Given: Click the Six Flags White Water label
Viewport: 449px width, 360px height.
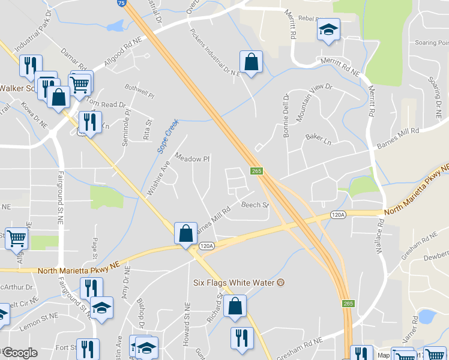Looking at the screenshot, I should [x=234, y=283].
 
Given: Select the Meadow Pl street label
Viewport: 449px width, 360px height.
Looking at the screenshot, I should [x=192, y=158].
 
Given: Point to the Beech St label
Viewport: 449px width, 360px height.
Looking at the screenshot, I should [x=255, y=205].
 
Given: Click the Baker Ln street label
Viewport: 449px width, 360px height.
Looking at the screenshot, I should [x=318, y=139].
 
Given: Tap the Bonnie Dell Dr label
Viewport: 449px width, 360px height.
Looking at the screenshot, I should [x=286, y=115].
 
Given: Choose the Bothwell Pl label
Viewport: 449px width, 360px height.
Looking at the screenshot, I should [x=140, y=95].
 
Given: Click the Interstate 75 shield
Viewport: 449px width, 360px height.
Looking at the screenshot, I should [x=122, y=3].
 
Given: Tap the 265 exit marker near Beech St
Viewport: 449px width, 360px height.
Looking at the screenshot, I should [x=256, y=171].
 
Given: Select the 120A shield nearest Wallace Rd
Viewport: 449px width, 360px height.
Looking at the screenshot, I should [x=338, y=215].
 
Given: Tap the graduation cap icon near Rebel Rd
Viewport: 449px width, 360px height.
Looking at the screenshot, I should [x=328, y=29].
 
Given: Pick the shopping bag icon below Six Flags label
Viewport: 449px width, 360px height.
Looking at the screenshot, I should [x=235, y=305].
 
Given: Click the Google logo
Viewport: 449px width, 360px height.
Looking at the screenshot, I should [x=20, y=353].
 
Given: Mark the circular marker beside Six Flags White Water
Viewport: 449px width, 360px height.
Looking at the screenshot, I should [x=279, y=283].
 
